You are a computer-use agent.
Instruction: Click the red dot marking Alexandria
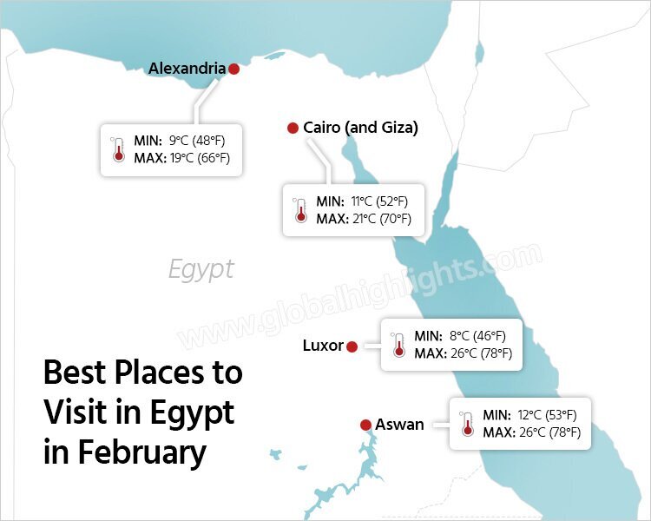tap(233, 69)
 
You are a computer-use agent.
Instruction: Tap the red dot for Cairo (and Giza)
tap(293, 129)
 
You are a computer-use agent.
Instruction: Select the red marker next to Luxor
tap(352, 346)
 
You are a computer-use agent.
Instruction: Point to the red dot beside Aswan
tap(365, 425)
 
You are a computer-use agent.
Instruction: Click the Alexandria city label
tap(187, 68)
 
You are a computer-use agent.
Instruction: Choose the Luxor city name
tap(323, 346)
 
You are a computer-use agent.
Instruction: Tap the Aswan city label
tap(399, 425)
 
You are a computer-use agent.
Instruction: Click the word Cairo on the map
tap(321, 128)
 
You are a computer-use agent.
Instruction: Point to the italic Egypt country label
tap(201, 269)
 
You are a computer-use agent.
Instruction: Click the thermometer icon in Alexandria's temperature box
tap(118, 150)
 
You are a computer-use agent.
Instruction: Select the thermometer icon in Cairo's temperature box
tap(300, 210)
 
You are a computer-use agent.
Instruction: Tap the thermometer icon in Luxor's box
tap(398, 345)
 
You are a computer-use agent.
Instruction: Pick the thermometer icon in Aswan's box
tap(467, 424)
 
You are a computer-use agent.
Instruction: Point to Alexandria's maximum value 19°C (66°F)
tap(199, 158)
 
